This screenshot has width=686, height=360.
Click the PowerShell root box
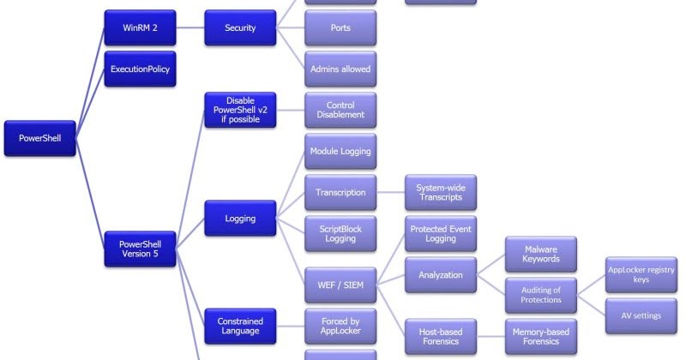[39, 137]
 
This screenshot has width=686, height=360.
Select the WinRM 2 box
[140, 27]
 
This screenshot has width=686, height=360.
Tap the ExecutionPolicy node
[140, 69]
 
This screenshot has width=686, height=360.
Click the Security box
[240, 27]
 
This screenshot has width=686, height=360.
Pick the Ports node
[340, 27]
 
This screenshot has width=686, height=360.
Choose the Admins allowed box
[340, 69]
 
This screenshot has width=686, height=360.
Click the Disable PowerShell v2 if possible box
[240, 110]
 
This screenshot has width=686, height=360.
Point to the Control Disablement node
[340, 110]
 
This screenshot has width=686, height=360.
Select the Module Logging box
[340, 151]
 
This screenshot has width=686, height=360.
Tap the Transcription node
[340, 192]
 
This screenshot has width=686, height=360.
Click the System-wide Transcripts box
[441, 192]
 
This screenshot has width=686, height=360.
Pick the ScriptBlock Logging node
[340, 233]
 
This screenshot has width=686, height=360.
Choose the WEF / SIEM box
[340, 274]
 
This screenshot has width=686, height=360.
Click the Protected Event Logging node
[441, 233]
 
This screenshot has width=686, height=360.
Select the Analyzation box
[441, 274]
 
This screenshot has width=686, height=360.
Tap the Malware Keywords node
[541, 254]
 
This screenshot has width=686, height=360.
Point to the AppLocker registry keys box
[641, 274]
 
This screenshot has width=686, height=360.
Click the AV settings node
[641, 315]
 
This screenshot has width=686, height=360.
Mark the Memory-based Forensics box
[541, 335]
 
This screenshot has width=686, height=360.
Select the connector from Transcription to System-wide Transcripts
[391, 192]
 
